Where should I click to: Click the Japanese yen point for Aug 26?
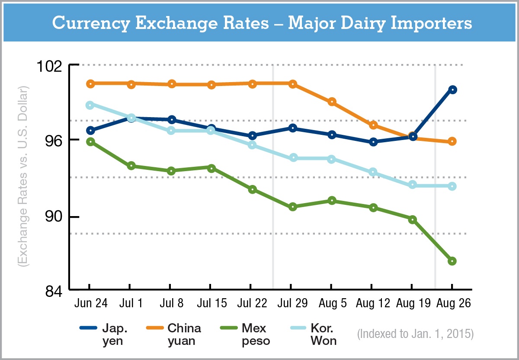[x=452, y=90]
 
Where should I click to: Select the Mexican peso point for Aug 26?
[x=452, y=261]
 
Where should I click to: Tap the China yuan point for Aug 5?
[x=332, y=102]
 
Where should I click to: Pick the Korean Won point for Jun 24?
[x=90, y=105]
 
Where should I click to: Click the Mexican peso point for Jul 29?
[x=293, y=207]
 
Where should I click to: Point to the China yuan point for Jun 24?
[x=90, y=83]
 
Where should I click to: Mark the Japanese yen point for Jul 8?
[x=171, y=120]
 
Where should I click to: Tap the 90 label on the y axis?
[x=57, y=217]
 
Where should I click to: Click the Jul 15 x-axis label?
[x=211, y=303]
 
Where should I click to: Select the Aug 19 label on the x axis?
[x=413, y=303]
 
